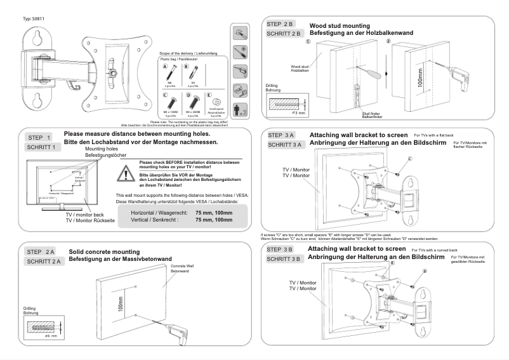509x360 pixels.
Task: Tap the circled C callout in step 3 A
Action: point(410,158)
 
